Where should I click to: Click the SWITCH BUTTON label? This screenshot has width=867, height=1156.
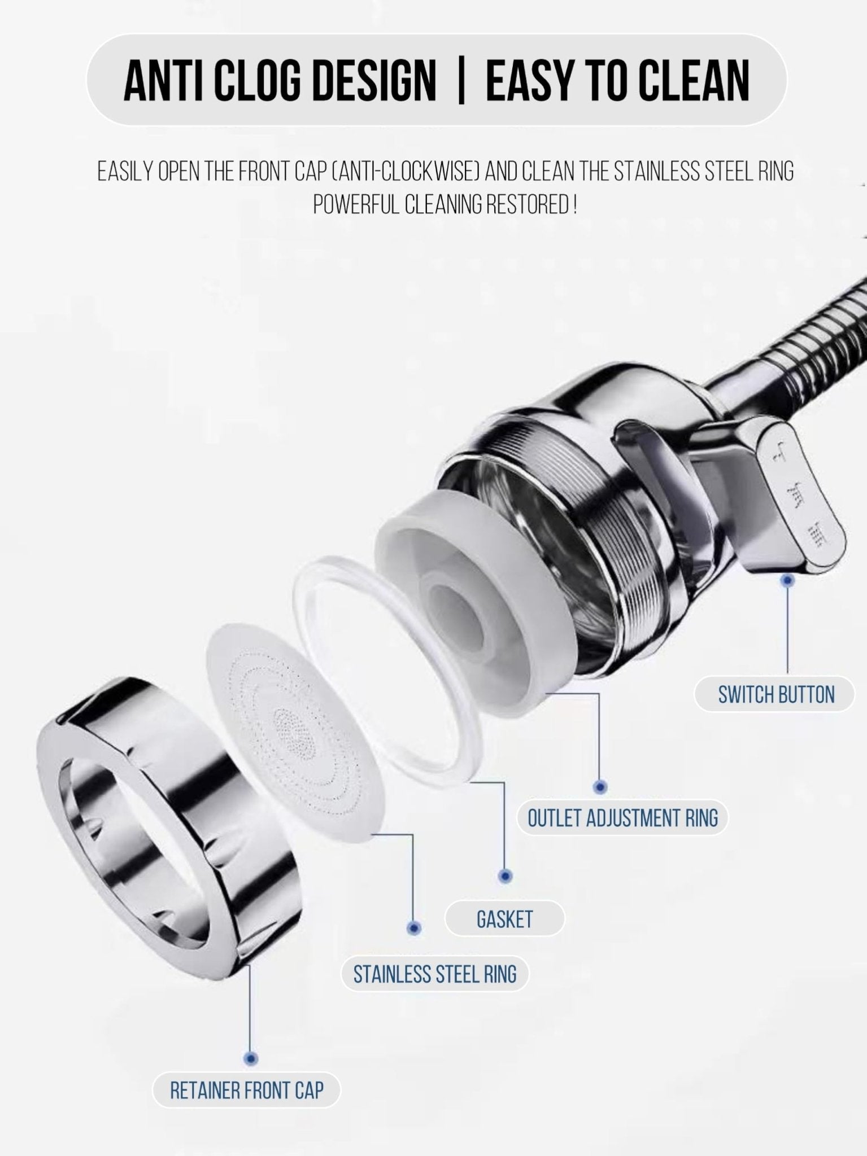[775, 694]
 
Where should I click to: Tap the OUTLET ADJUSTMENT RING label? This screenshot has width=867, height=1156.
[622, 817]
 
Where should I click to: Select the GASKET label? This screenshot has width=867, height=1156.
[504, 919]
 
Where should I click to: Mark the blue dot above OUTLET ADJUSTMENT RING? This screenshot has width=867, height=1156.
[600, 787]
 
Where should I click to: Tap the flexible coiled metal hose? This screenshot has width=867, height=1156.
[813, 350]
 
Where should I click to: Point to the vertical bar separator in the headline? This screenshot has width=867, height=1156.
[461, 81]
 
